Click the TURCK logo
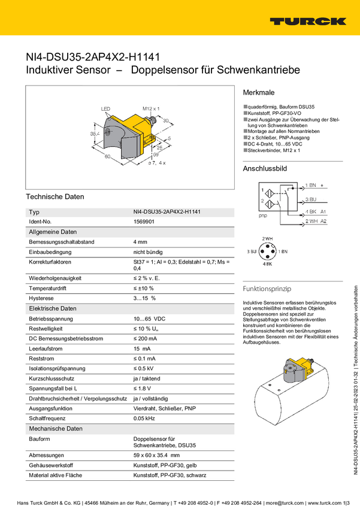click(x=307, y=21)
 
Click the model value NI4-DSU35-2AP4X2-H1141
click(x=168, y=212)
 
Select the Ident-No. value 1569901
click(x=144, y=222)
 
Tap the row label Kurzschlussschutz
click(x=52, y=378)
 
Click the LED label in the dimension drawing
click(x=106, y=109)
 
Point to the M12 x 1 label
click(x=151, y=108)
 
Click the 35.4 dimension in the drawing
click(x=94, y=134)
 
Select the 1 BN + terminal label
click(x=314, y=185)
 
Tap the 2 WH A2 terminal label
click(x=316, y=222)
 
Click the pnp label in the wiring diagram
click(x=262, y=215)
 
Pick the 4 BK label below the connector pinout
click(x=267, y=263)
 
